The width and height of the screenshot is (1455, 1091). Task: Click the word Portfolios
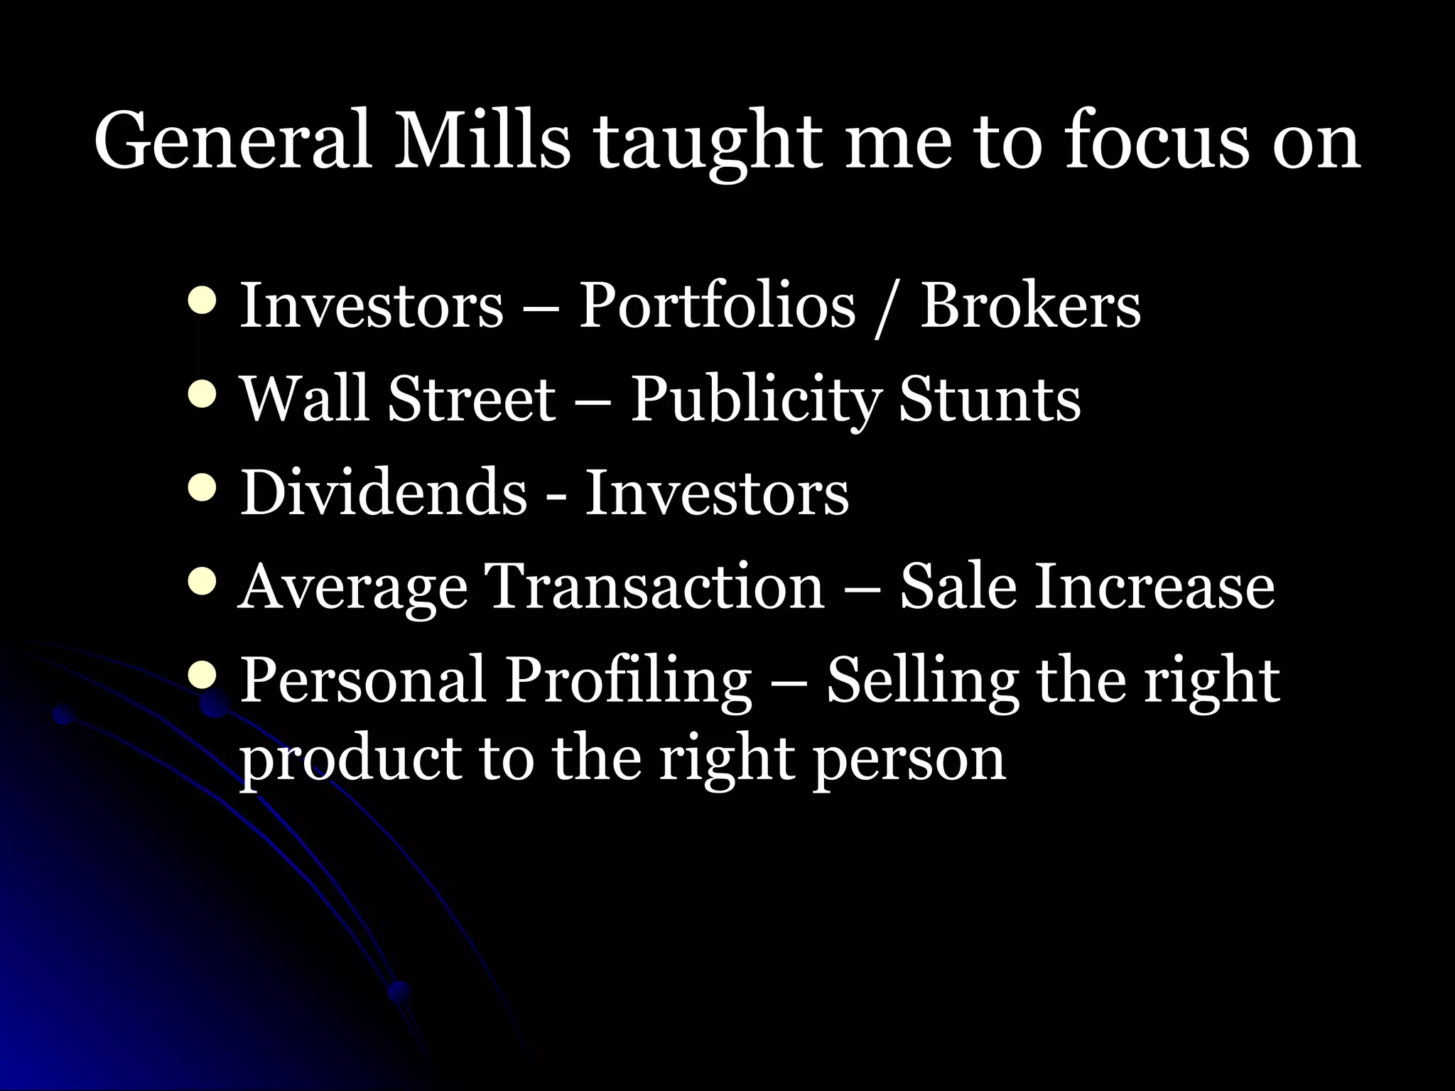click(x=717, y=305)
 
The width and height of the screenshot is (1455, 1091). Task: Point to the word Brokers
click(x=1030, y=305)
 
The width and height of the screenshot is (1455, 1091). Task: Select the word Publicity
click(x=756, y=399)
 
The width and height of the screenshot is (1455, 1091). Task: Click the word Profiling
click(x=628, y=680)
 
